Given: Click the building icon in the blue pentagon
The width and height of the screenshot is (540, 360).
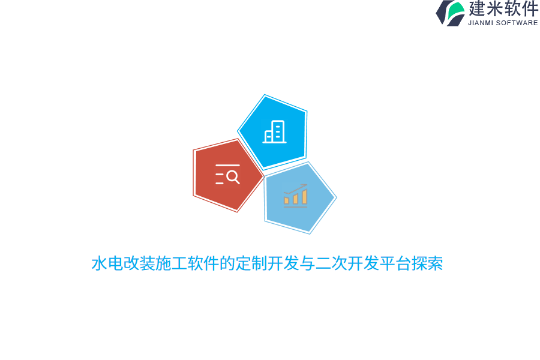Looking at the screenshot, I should pyautogui.click(x=274, y=132).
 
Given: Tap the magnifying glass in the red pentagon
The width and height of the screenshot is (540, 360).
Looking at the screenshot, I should pyautogui.click(x=233, y=177).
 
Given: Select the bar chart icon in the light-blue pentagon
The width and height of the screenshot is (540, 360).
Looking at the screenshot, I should pyautogui.click(x=295, y=196).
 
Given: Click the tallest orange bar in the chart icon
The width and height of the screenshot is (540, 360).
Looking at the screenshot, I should pyautogui.click(x=304, y=197).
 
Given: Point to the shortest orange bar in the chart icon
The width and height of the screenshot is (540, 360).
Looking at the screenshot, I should pyautogui.click(x=286, y=200).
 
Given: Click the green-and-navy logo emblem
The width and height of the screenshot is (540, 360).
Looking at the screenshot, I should pyautogui.click(x=450, y=13).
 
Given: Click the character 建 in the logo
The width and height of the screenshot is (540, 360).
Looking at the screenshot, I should pyautogui.click(x=478, y=8).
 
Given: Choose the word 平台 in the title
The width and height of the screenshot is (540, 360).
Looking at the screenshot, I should pyautogui.click(x=395, y=264).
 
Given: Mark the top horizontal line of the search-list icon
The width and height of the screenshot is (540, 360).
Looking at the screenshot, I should pyautogui.click(x=227, y=165).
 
